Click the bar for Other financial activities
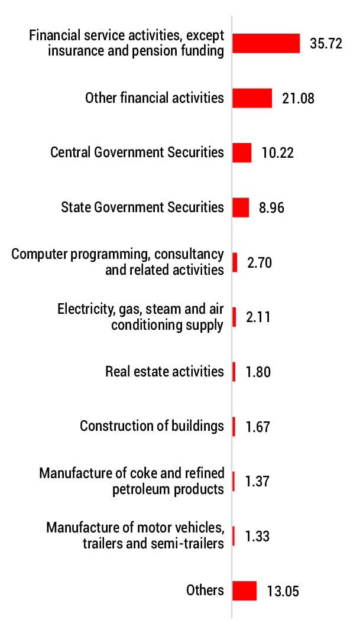click(252, 98)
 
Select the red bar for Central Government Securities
click(242, 152)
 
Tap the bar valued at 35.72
click(266, 43)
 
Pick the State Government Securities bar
click(241, 207)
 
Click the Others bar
click(244, 590)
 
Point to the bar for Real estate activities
click(234, 372)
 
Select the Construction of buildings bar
click(234, 426)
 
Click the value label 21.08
click(298, 99)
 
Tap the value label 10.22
click(277, 153)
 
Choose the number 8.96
click(271, 208)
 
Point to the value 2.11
click(258, 317)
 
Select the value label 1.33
click(257, 537)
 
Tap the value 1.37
click(258, 482)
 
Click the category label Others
click(205, 590)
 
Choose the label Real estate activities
click(164, 371)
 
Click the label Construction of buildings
click(152, 426)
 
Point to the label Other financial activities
click(154, 98)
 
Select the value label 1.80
click(258, 372)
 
